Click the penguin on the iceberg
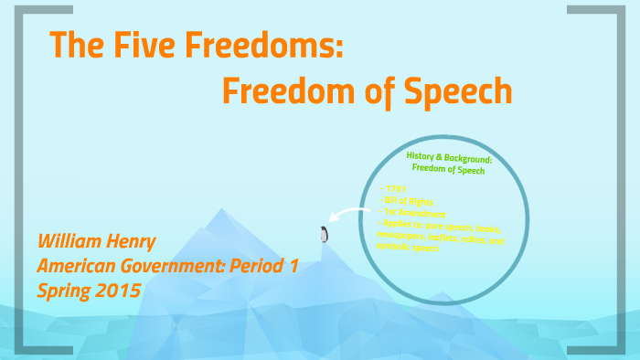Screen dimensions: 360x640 pos(323,235)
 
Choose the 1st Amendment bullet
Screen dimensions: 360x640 pos(411,211)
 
